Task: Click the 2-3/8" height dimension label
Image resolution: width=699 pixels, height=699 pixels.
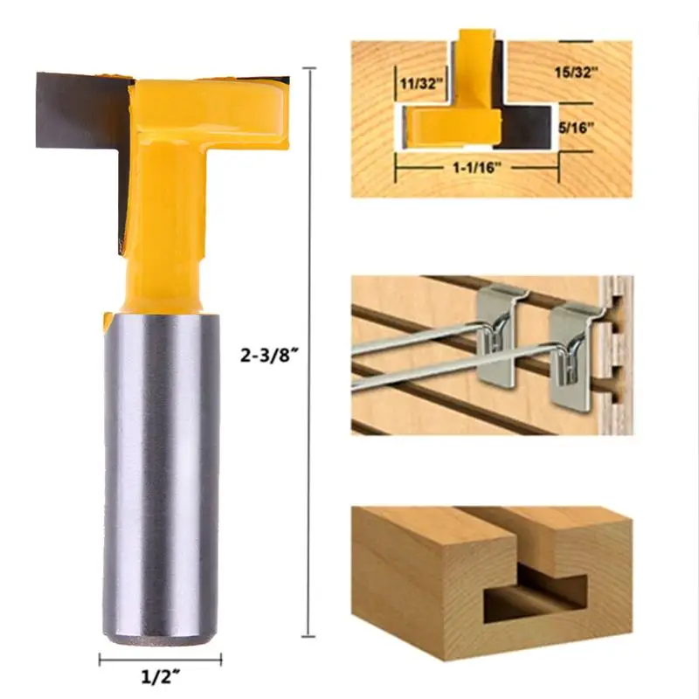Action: (x=269, y=356)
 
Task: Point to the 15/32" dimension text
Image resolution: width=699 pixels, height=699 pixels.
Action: (x=576, y=73)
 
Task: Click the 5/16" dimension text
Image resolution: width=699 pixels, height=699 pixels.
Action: (x=576, y=128)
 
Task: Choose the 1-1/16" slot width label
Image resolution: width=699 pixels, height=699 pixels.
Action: (x=477, y=168)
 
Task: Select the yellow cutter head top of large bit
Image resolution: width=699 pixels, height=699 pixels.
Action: (x=210, y=109)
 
